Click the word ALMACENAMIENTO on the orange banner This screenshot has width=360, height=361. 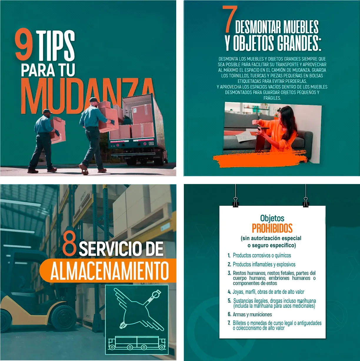click(109, 270)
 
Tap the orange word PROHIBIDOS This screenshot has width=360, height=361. click(272, 228)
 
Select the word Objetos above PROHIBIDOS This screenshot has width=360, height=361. click(272, 218)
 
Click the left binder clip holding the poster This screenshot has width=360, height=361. click(236, 202)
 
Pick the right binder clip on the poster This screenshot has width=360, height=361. click(306, 202)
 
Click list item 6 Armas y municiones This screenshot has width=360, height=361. click(250, 314)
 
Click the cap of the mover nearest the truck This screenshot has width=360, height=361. click(94, 100)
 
